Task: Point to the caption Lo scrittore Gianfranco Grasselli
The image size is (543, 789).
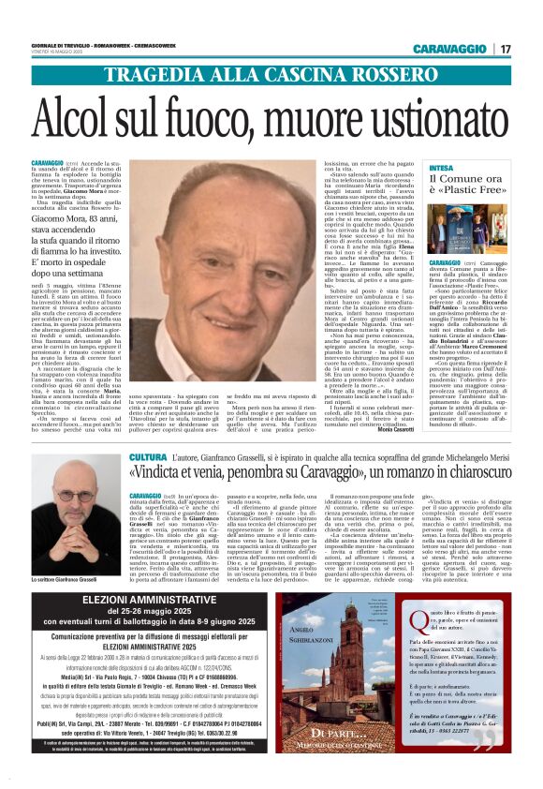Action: click(x=75, y=582)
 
